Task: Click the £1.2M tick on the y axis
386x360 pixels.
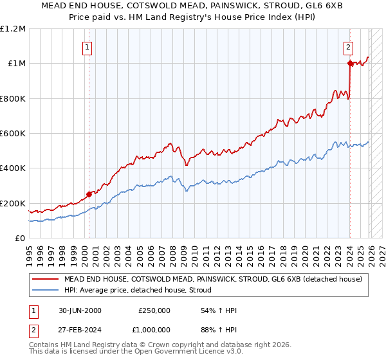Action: [x=13, y=29]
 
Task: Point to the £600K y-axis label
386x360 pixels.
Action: [x=13, y=134]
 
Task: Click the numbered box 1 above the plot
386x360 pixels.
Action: [x=87, y=46]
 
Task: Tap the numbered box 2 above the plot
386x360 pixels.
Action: [x=348, y=46]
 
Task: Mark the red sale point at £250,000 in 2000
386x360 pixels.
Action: [x=89, y=194]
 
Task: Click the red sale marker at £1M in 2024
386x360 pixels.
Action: [x=350, y=64]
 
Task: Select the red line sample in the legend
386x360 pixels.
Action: [x=45, y=280]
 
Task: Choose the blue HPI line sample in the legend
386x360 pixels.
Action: [x=45, y=290]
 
